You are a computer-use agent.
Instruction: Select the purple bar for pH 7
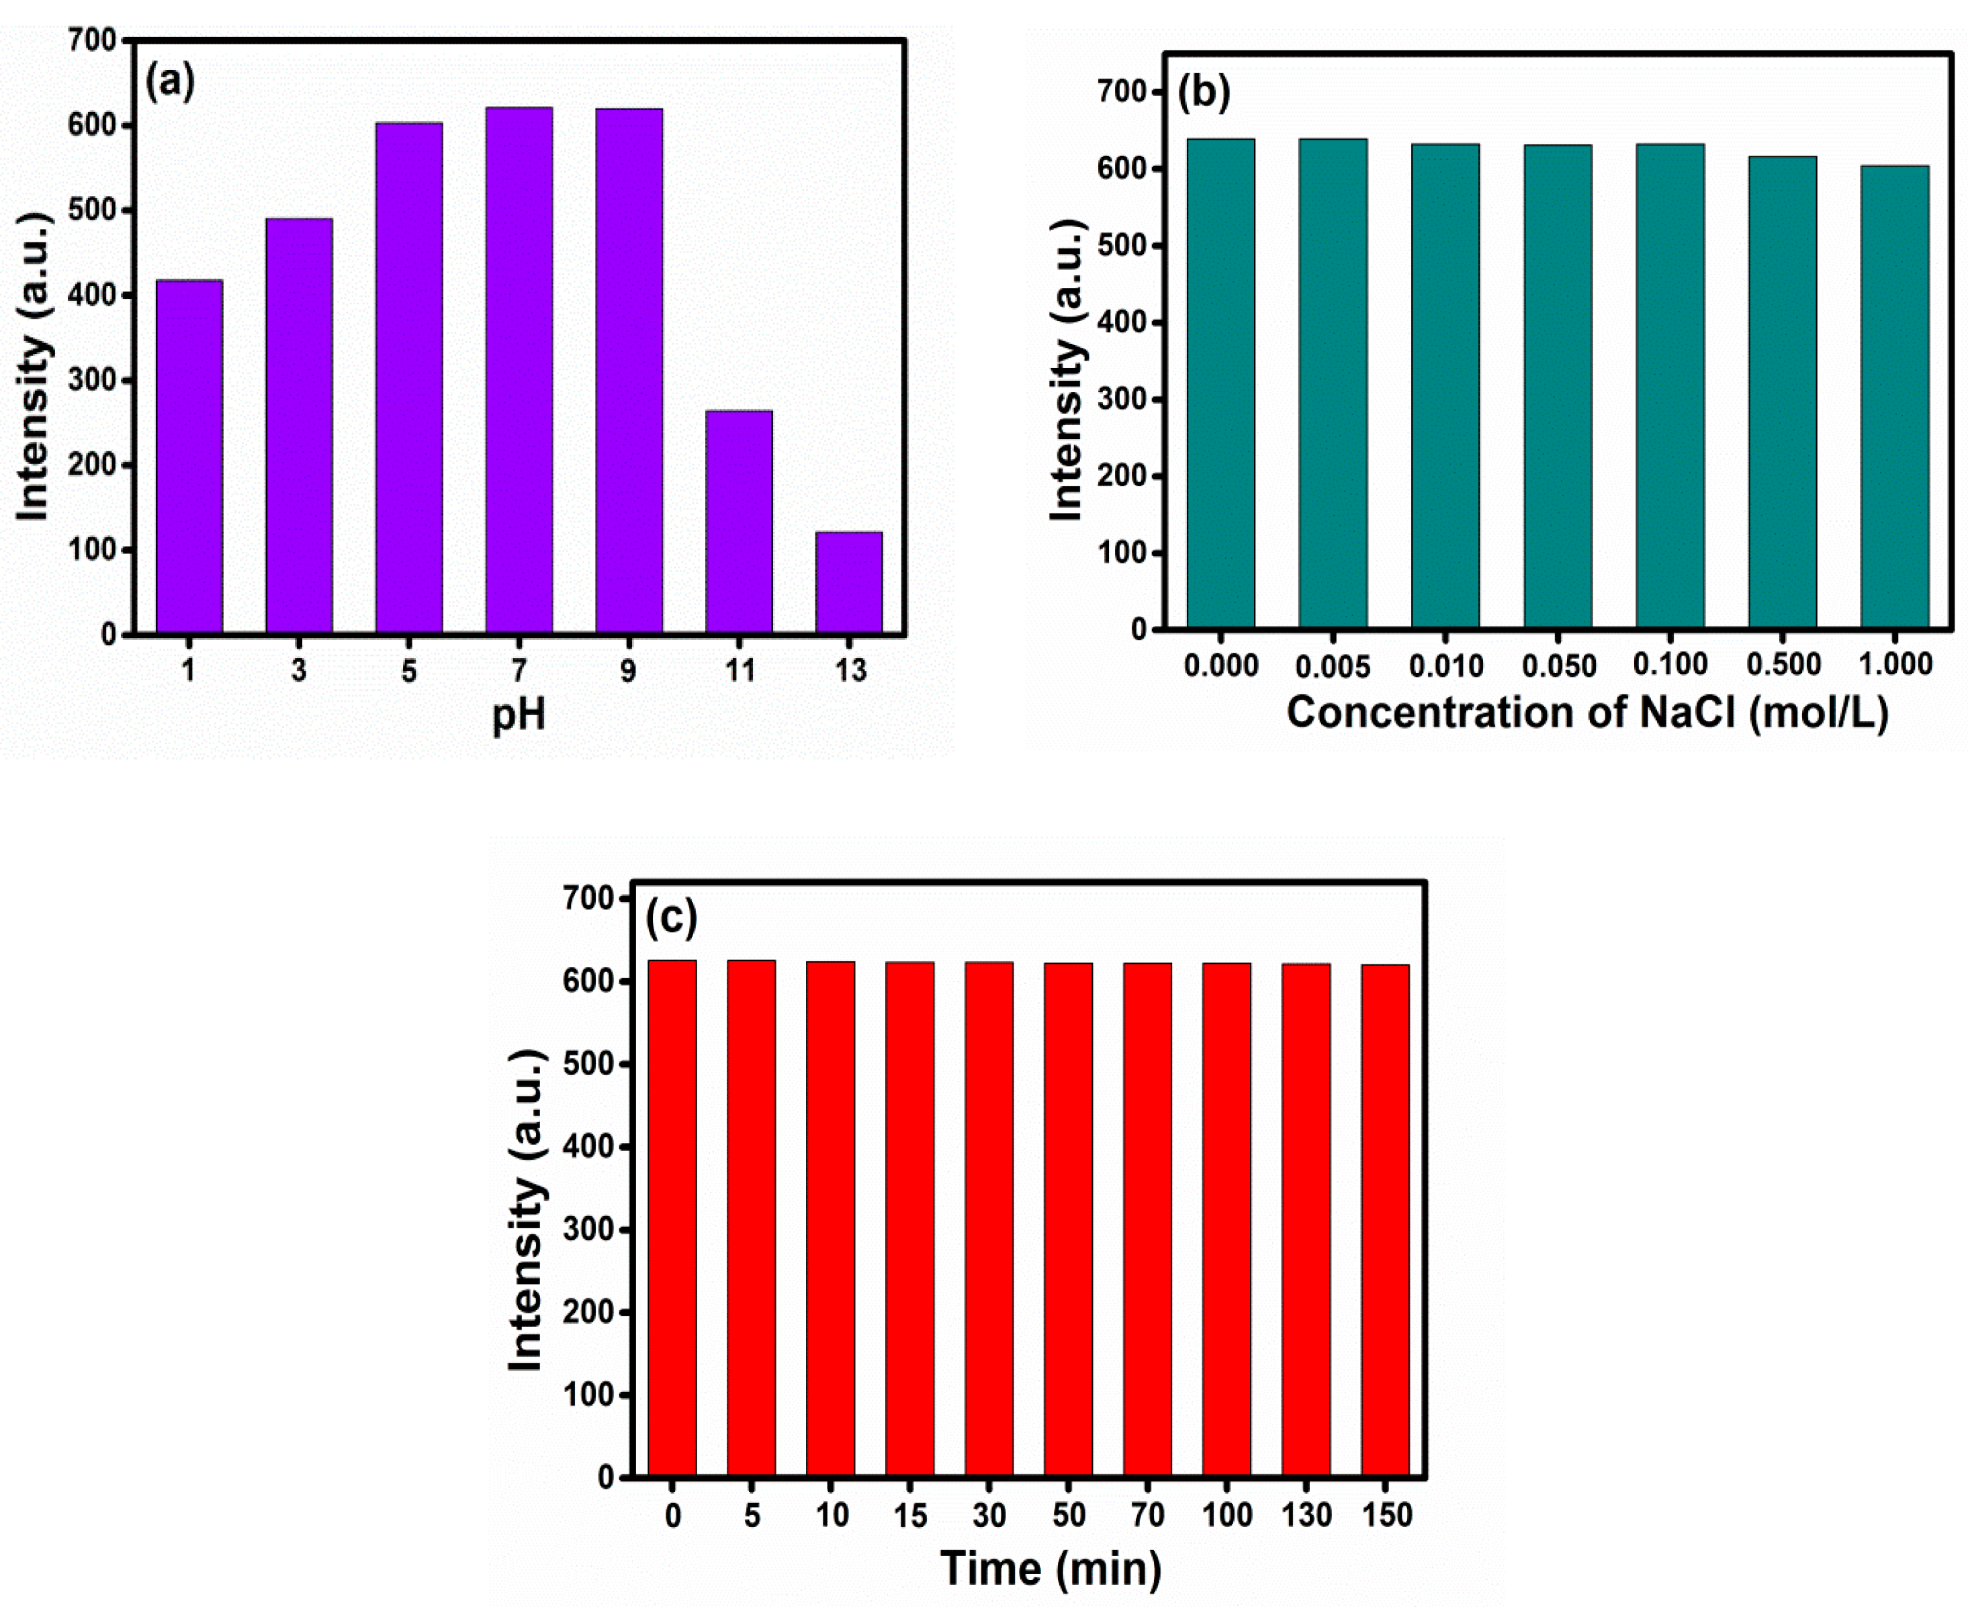[x=519, y=370]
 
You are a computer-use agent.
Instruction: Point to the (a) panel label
[x=171, y=83]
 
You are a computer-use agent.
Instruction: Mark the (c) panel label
[x=671, y=918]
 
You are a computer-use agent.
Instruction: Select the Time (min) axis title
[x=1050, y=1568]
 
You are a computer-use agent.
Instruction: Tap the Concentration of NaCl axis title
[x=1586, y=713]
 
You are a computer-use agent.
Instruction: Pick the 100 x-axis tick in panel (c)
[x=1226, y=1516]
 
